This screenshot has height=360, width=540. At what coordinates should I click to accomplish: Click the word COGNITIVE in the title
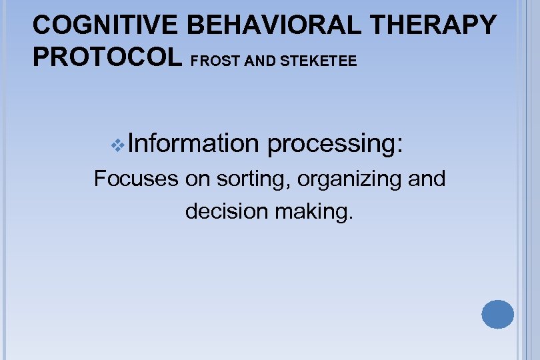point(106,25)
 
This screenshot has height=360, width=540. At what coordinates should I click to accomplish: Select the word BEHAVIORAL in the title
point(277,25)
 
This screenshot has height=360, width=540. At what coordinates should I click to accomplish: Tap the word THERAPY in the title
point(437,25)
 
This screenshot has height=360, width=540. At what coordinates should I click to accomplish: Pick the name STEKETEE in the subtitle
point(320,61)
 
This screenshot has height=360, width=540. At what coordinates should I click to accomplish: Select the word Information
point(193,143)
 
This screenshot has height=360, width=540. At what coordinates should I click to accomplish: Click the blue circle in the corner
point(497,314)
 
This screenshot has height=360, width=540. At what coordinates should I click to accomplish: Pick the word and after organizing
point(425,179)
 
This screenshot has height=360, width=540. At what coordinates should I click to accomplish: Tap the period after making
point(347,218)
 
